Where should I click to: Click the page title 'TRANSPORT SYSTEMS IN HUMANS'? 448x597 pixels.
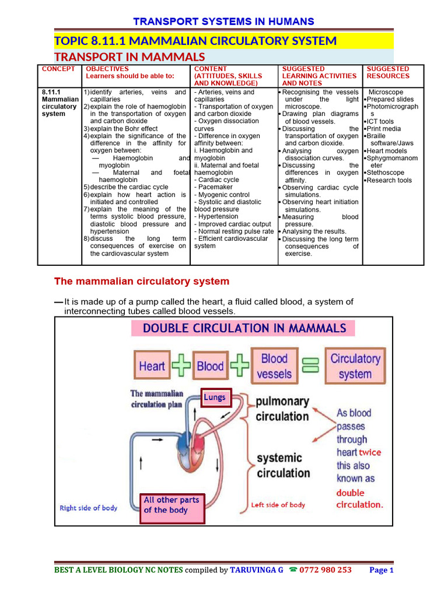pos(224,22)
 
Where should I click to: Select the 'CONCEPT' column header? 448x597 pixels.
pos(58,69)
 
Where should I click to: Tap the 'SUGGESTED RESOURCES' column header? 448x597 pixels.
pos(388,72)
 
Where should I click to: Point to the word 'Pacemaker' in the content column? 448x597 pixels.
pos(215,187)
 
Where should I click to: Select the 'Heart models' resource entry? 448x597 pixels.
pos(387,151)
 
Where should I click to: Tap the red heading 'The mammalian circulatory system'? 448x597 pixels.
pos(142,282)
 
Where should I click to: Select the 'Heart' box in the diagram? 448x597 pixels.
pos(152,366)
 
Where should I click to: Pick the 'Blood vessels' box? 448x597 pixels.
pos(274,366)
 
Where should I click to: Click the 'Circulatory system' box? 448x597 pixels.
pos(355,366)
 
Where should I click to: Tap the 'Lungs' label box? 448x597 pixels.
pos(215,398)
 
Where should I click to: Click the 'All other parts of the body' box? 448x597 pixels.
pos(171,505)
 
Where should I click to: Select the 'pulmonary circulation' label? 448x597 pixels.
pos(282,409)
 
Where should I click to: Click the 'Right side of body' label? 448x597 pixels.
pos(89,508)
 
